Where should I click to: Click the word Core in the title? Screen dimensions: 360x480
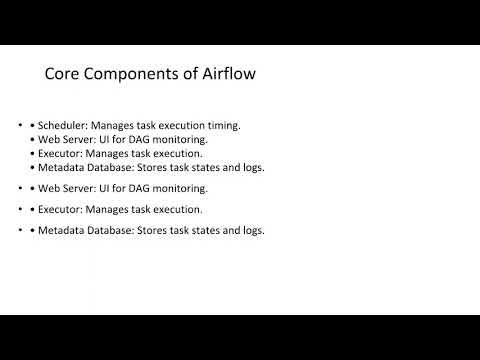(63, 74)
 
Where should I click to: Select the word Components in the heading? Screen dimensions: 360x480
(133, 74)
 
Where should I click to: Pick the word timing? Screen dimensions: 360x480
(225, 125)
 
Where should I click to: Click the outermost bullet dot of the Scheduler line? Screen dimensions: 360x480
(22, 125)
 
